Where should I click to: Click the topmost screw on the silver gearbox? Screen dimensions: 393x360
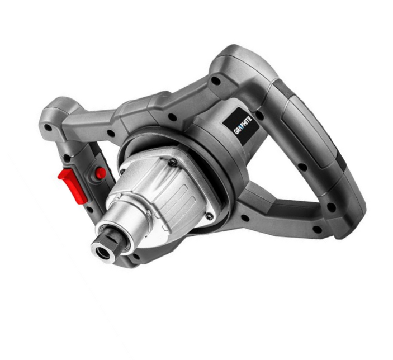[x=172, y=163]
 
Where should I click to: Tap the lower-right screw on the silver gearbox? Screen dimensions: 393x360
[x=209, y=216]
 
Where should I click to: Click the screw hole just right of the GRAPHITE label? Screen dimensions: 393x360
[x=260, y=116]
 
